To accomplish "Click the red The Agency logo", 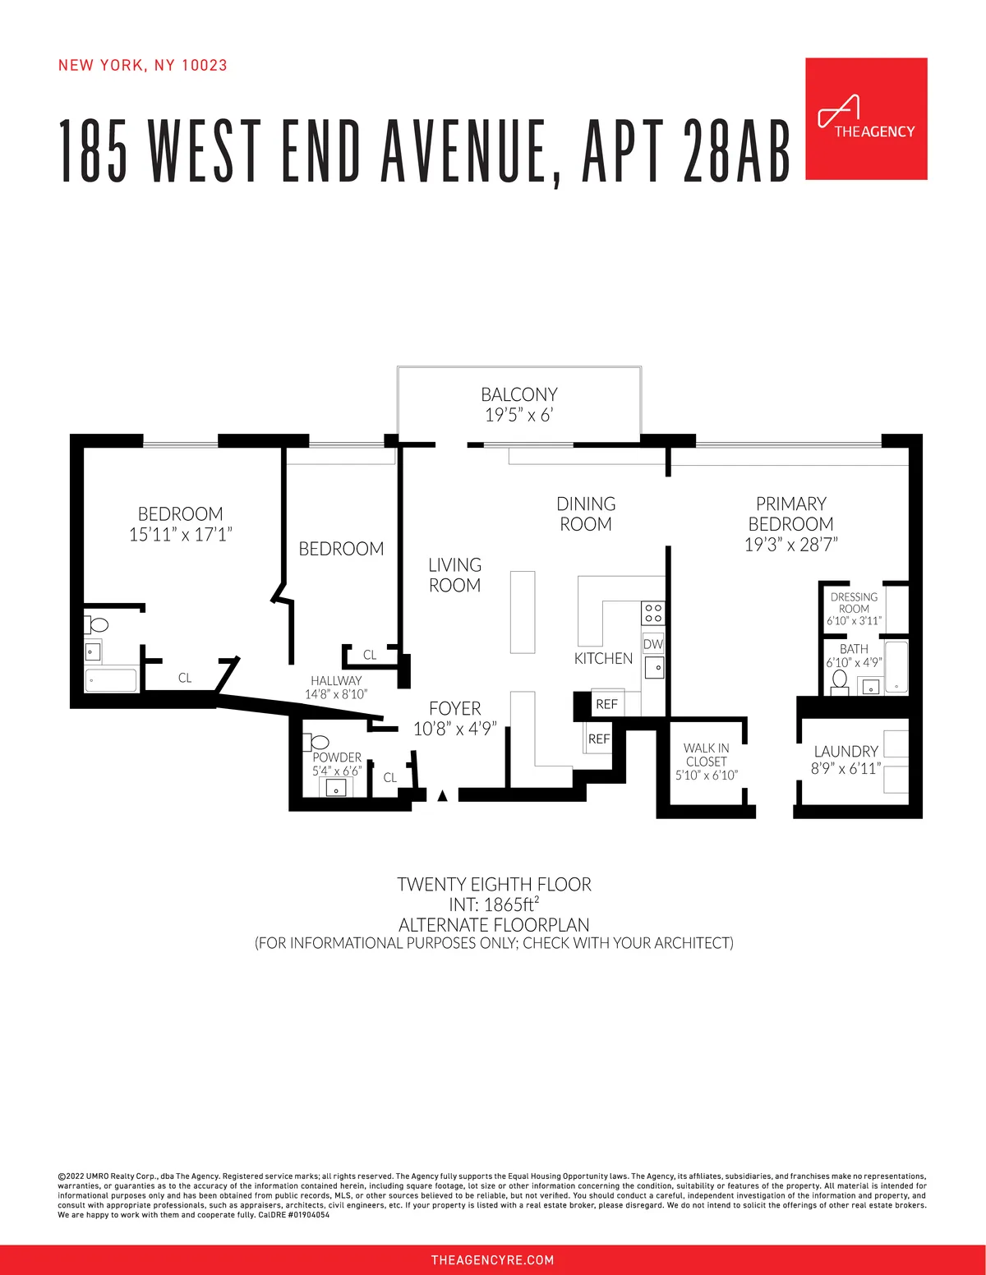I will point(866,119).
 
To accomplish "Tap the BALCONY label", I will point(518,395).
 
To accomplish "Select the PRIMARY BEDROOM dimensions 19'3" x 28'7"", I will point(790,545).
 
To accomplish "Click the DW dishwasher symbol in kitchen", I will point(653,644).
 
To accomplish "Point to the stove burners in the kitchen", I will point(653,613).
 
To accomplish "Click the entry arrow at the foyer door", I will point(442,795).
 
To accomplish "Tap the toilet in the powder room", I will point(319,743).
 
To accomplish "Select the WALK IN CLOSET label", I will point(707,754).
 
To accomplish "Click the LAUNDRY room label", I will point(845,752).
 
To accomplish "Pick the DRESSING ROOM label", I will point(854,603).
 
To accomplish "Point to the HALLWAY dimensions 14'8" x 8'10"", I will point(336,694).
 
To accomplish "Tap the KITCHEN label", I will point(603,659).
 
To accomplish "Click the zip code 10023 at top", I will point(204,66).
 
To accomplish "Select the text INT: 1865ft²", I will point(494,904).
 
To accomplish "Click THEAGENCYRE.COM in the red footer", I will point(492,1260).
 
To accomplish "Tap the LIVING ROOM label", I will point(454,575).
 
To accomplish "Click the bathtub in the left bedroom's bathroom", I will point(111,680).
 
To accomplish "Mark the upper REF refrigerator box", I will point(606,704).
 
